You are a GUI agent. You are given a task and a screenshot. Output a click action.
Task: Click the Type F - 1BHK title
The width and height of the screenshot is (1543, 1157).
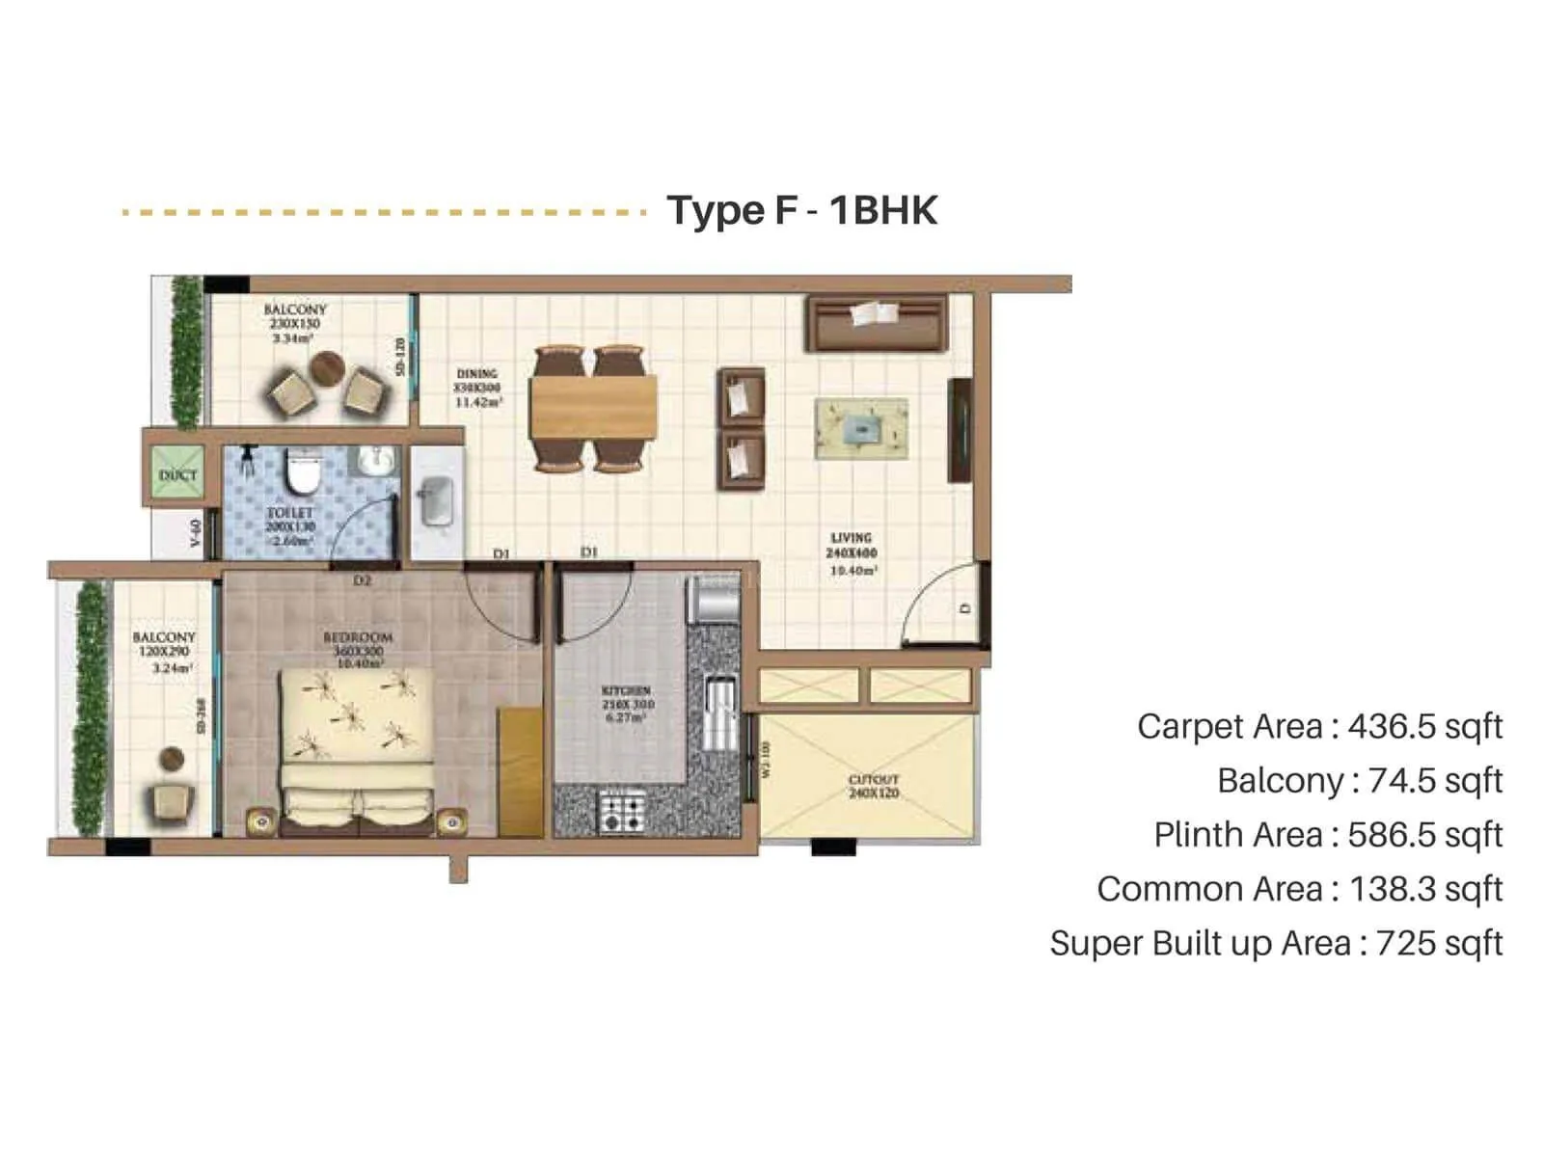[x=801, y=210]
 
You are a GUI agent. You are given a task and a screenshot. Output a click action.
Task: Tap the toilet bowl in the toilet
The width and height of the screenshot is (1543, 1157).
[x=303, y=471]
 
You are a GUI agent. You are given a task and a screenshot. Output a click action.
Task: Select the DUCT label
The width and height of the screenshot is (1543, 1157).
[x=177, y=475]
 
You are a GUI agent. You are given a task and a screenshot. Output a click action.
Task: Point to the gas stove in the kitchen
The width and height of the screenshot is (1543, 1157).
[x=622, y=811]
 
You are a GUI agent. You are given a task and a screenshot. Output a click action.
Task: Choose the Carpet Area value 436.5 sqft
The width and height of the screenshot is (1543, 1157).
[x=1424, y=726]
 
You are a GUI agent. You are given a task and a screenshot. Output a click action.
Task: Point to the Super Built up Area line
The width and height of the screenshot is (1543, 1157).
[x=1276, y=943]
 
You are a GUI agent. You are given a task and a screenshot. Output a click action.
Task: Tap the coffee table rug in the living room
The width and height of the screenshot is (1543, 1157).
[x=861, y=429]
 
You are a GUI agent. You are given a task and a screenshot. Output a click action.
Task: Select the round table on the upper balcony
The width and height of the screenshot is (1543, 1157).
[x=327, y=367]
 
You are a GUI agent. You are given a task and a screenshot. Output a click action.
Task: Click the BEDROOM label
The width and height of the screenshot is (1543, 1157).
[x=358, y=637]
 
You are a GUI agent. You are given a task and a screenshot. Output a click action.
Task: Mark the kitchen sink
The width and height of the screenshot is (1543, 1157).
[x=718, y=713]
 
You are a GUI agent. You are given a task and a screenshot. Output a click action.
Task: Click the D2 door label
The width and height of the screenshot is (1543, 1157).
[x=362, y=580]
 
